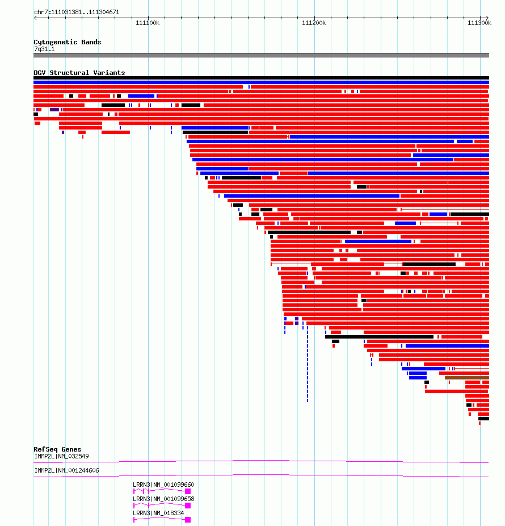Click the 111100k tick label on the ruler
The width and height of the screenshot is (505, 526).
[x=148, y=23]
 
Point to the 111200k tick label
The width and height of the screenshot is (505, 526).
[x=314, y=23]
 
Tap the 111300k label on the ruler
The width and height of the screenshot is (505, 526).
[x=479, y=23]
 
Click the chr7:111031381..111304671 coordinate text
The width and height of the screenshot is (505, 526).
[x=77, y=12]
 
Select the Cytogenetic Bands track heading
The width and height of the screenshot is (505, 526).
[x=68, y=42]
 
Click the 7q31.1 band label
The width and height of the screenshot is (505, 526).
[x=44, y=49]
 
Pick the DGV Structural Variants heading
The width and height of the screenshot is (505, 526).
[x=79, y=73]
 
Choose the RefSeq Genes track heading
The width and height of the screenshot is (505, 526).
[x=57, y=449]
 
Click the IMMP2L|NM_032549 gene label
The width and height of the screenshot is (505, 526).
[x=62, y=456]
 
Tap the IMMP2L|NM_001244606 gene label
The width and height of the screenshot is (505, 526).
[x=67, y=470]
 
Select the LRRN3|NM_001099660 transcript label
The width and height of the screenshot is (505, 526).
[x=163, y=485]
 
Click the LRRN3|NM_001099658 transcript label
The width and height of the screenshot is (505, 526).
[x=163, y=499]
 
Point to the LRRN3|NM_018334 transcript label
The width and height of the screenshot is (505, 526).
[x=158, y=513]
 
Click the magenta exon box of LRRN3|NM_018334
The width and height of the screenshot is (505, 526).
[x=188, y=520]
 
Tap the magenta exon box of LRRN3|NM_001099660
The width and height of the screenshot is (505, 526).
[x=188, y=491]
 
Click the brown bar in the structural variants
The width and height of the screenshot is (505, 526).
[x=467, y=378]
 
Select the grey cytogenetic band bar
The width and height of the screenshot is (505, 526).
[x=261, y=55]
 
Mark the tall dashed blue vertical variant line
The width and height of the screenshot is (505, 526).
[x=308, y=369]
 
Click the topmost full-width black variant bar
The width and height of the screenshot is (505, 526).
[x=261, y=78]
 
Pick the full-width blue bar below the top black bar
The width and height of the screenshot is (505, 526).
[x=261, y=82]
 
